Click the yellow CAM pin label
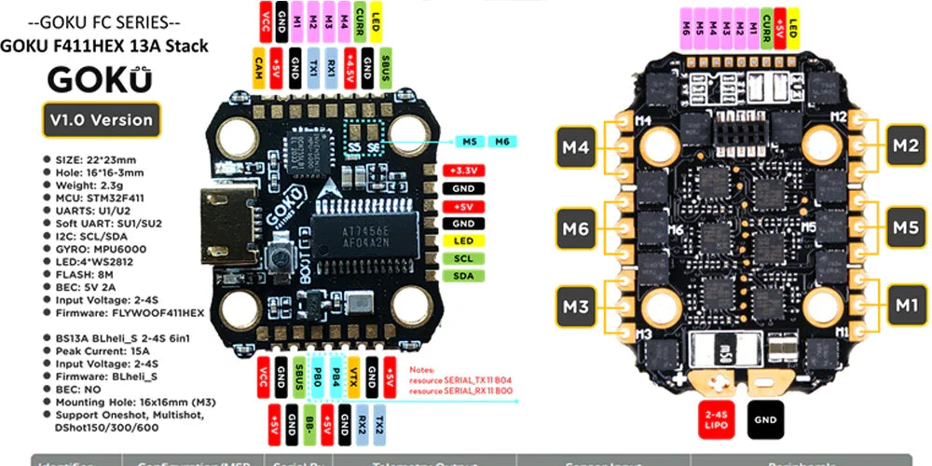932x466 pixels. coord(257,68)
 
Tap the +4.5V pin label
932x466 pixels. coord(349,68)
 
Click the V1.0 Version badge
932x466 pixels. coord(103,119)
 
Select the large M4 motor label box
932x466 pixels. coord(579,146)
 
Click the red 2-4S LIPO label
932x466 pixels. coord(718,419)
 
